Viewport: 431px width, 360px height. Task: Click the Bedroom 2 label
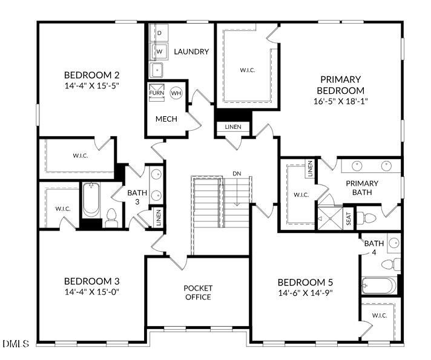point(92,75)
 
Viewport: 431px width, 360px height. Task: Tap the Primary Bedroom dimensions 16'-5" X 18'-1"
point(341,101)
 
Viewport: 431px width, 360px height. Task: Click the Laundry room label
point(191,51)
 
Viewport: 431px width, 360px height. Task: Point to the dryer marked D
point(159,33)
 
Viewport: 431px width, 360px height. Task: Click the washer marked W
point(159,51)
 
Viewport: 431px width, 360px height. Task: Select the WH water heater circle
point(176,93)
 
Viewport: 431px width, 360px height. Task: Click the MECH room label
point(166,119)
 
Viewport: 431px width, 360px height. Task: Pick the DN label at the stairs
point(237,174)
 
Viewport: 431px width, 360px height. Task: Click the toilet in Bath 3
point(111,218)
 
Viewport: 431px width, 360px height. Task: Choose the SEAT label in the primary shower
point(349,218)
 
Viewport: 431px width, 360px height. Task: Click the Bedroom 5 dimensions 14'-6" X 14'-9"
point(305,293)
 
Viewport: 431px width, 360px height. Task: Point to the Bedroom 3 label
point(92,281)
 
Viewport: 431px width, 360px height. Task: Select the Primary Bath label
point(362,188)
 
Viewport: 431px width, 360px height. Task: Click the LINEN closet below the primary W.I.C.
point(233,127)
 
